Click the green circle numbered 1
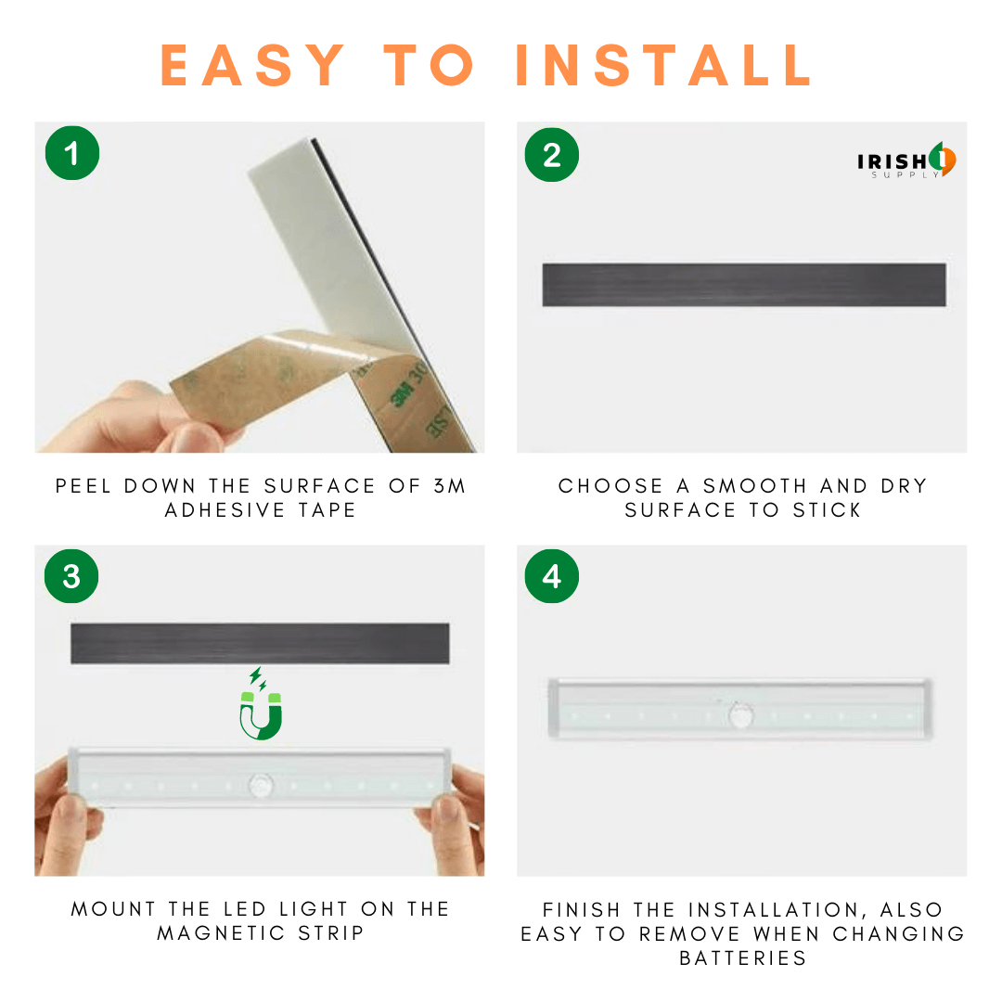click(x=72, y=153)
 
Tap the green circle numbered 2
click(x=551, y=155)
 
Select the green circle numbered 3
click(x=71, y=576)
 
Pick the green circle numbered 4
click(x=551, y=576)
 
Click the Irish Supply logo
click(x=906, y=161)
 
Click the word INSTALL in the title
click(x=663, y=65)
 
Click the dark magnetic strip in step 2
click(x=744, y=285)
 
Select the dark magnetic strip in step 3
click(x=260, y=644)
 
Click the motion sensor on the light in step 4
click(x=741, y=715)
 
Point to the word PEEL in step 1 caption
click(x=83, y=485)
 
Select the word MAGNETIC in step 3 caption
click(x=221, y=933)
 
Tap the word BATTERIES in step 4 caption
click(x=742, y=958)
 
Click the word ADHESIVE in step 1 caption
click(x=225, y=510)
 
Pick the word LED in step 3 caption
click(x=245, y=908)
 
